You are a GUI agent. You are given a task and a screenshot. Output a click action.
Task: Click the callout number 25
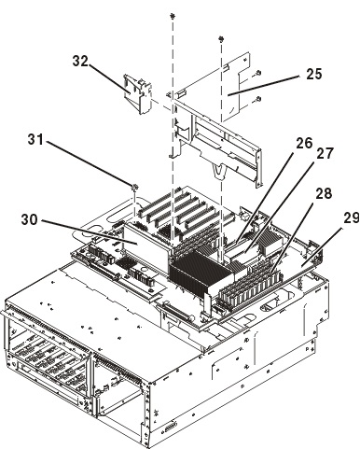tap(314, 74)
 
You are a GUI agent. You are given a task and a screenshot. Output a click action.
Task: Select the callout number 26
tap(304, 144)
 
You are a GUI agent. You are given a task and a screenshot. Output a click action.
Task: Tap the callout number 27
tap(325, 153)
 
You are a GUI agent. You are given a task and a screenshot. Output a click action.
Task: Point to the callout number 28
tap(324, 193)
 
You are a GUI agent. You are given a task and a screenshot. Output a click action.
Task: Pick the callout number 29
tap(352, 217)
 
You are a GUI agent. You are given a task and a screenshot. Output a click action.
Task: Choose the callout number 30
tap(29, 219)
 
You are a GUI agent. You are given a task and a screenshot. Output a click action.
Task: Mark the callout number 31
tap(35, 139)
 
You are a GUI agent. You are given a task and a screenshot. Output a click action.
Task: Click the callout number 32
tap(80, 61)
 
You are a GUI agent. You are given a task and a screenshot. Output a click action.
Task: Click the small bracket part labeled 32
tap(137, 93)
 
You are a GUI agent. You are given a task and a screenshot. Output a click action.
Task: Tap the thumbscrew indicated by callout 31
tap(134, 188)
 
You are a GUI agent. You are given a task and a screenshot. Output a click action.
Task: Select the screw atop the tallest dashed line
tap(172, 15)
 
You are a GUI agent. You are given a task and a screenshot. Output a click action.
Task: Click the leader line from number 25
tap(264, 85)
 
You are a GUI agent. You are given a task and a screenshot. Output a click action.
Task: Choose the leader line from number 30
tap(90, 232)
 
